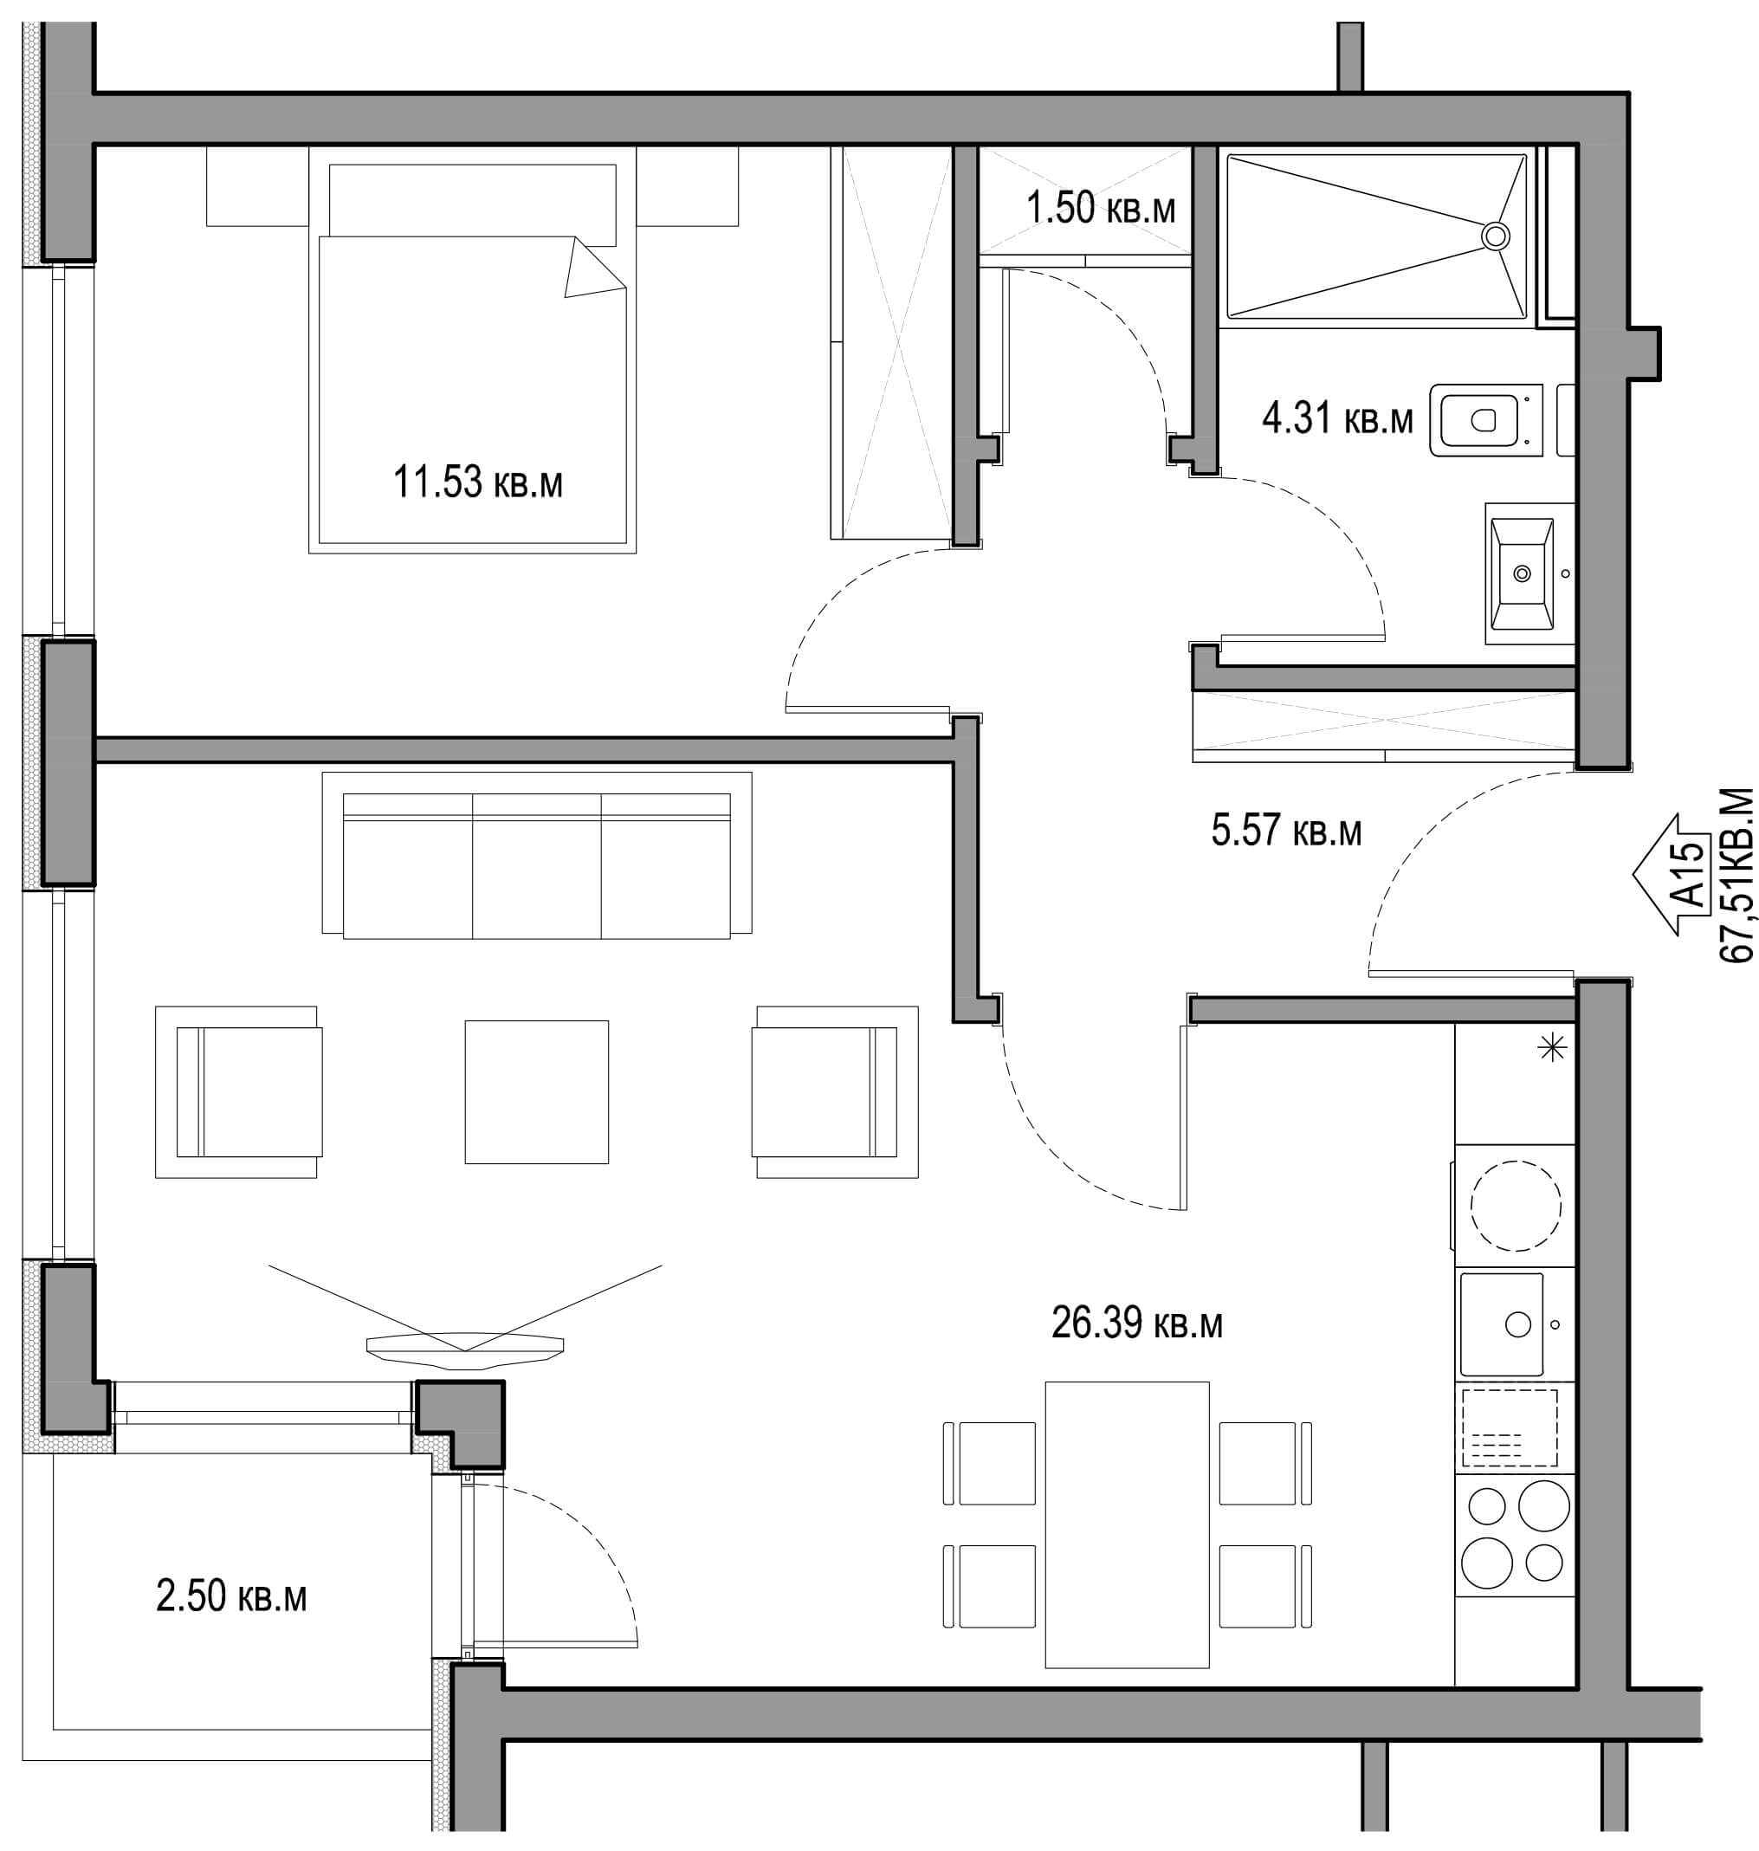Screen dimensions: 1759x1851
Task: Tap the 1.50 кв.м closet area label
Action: [x=1100, y=208]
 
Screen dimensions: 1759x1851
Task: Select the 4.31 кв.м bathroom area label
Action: [x=1337, y=418]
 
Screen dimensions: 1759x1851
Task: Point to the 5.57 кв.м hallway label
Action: [x=1285, y=830]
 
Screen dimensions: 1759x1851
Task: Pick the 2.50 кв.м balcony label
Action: [x=230, y=1596]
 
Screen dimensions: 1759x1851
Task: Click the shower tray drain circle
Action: [x=1496, y=236]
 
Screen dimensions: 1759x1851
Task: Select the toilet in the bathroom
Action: [x=1486, y=419]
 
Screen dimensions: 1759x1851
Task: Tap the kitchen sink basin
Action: [x=1501, y=1324]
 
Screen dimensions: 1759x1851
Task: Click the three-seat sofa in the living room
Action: [x=536, y=854]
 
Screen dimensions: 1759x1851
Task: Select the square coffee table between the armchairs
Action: [x=536, y=1091]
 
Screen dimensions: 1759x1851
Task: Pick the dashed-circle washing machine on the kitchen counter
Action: [x=1516, y=1205]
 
